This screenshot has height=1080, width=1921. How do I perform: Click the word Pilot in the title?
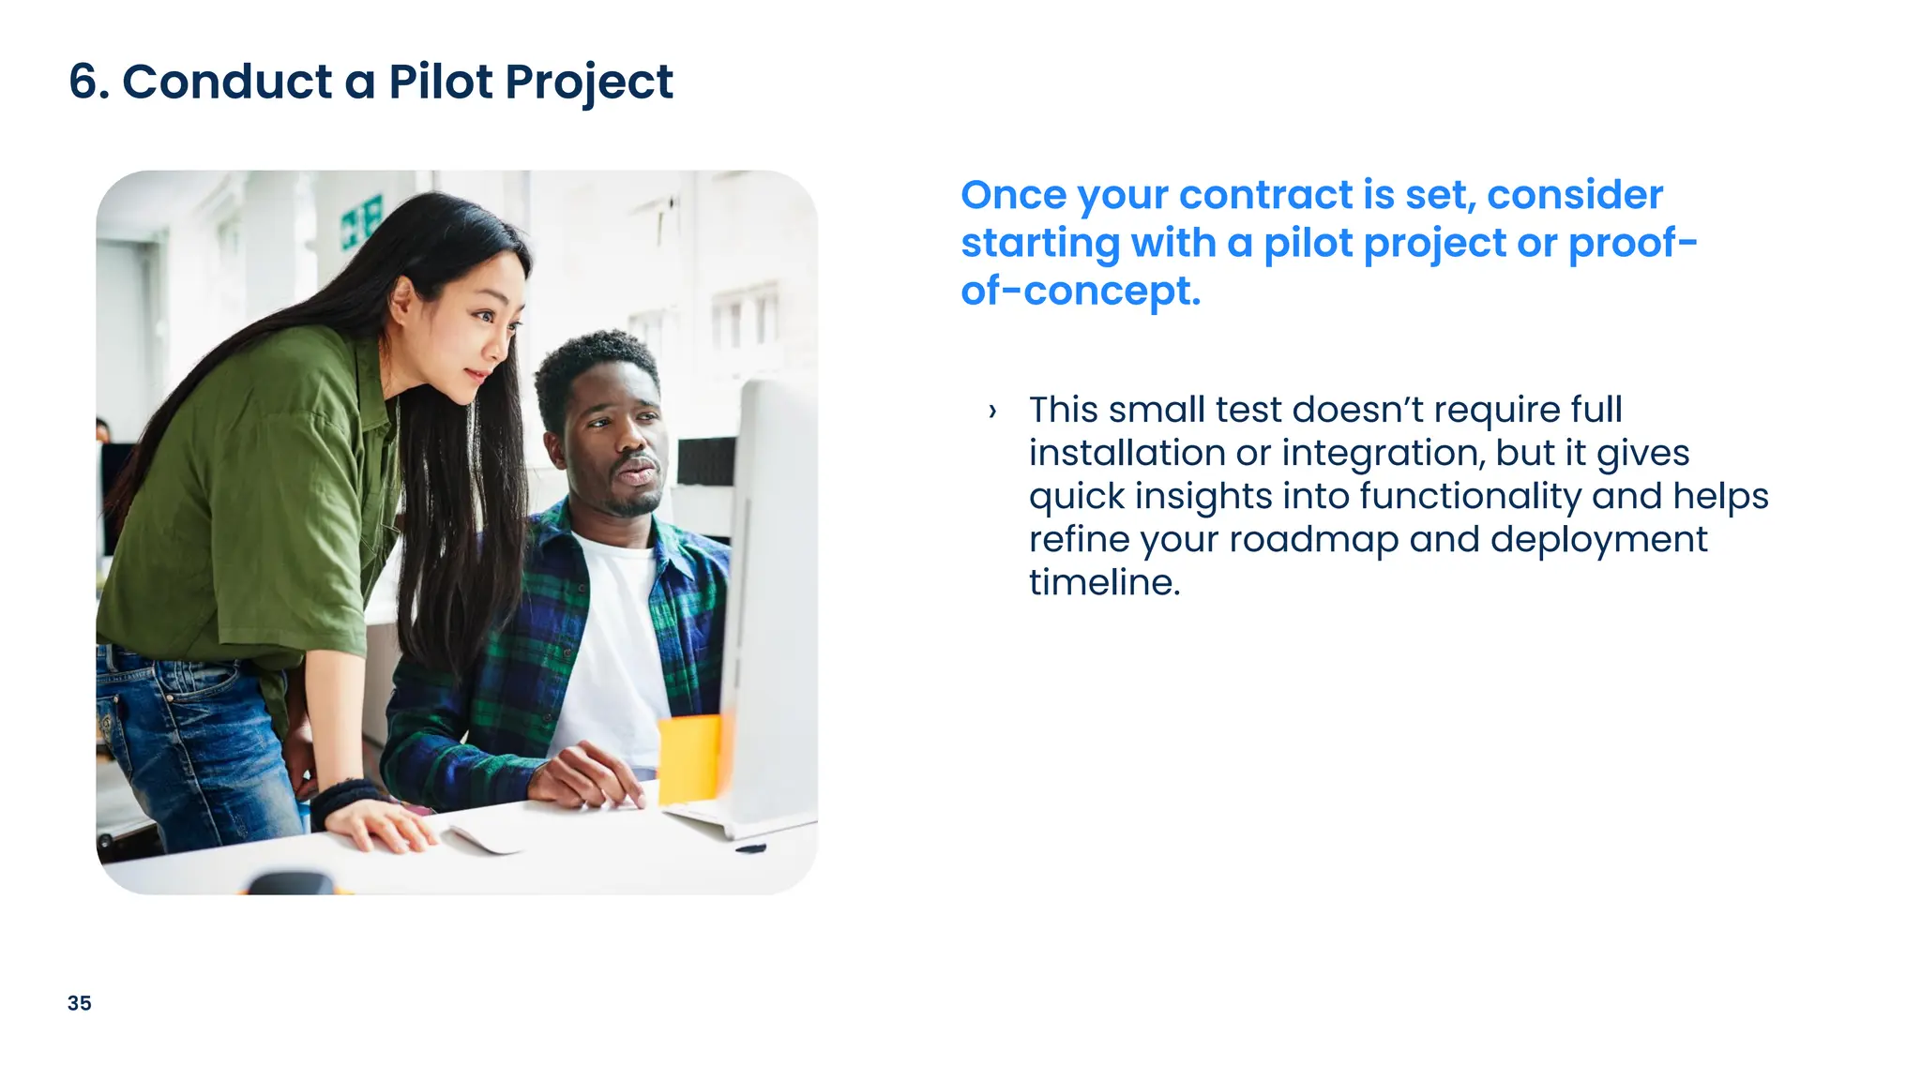coord(441,82)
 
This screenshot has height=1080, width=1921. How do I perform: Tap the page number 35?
coord(80,1003)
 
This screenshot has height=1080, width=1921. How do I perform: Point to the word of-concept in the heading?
coord(1080,292)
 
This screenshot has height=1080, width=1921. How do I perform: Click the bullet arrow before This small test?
coord(992,411)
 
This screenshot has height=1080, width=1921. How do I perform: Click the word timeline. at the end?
coord(1104,583)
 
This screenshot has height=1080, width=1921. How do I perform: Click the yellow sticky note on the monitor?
coord(689,757)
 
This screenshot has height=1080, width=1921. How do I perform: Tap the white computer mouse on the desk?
coord(486,836)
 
